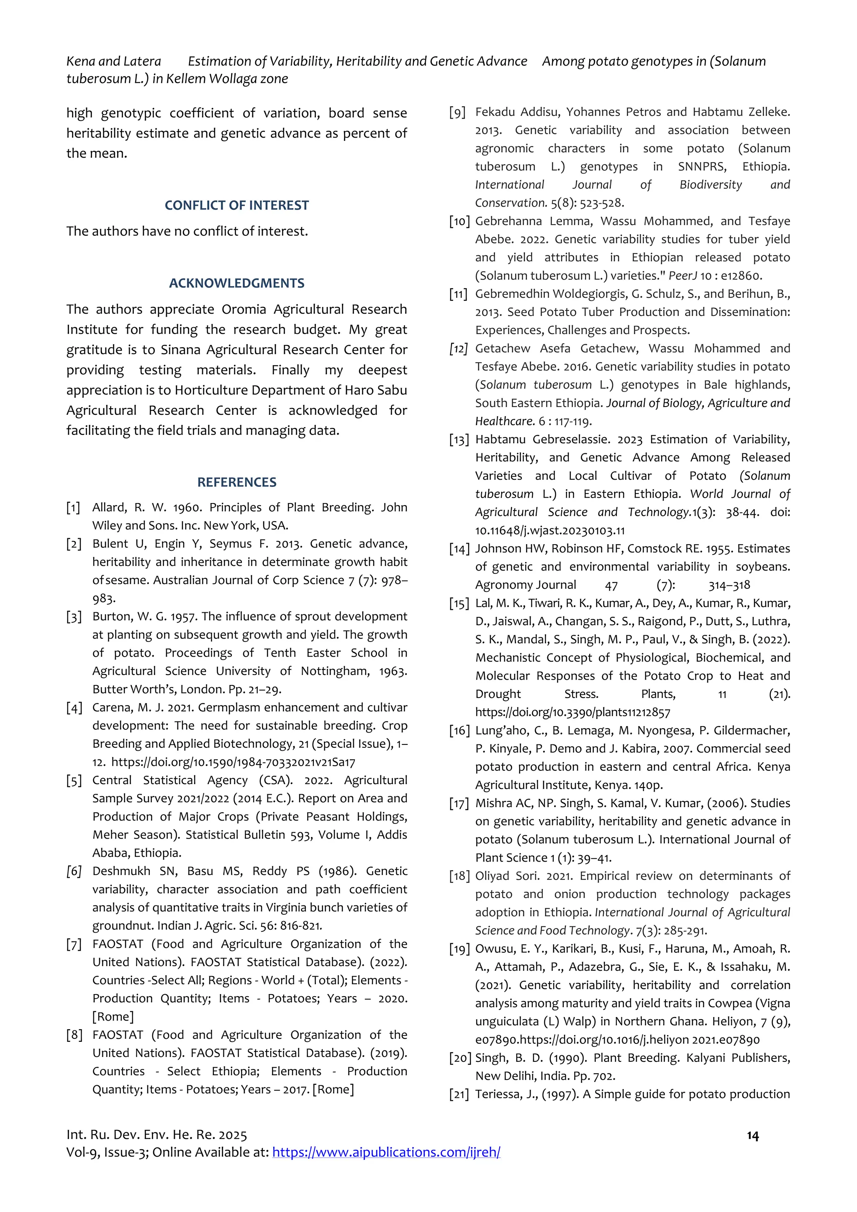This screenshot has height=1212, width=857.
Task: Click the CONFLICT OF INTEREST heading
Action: coord(236,205)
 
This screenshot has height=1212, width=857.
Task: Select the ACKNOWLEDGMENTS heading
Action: coord(236,284)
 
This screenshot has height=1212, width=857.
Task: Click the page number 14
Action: coord(752,1136)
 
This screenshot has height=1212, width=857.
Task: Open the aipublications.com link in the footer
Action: coord(386,1152)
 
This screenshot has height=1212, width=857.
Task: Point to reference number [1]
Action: coord(73,508)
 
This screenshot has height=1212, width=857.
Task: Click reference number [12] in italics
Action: coord(458,349)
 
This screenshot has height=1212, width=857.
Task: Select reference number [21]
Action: coord(458,1095)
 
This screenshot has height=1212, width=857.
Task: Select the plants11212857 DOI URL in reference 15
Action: coord(572,713)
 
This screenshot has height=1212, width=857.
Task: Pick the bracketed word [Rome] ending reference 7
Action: coord(113,1017)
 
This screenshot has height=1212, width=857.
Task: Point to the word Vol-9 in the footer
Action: coord(81,1152)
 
